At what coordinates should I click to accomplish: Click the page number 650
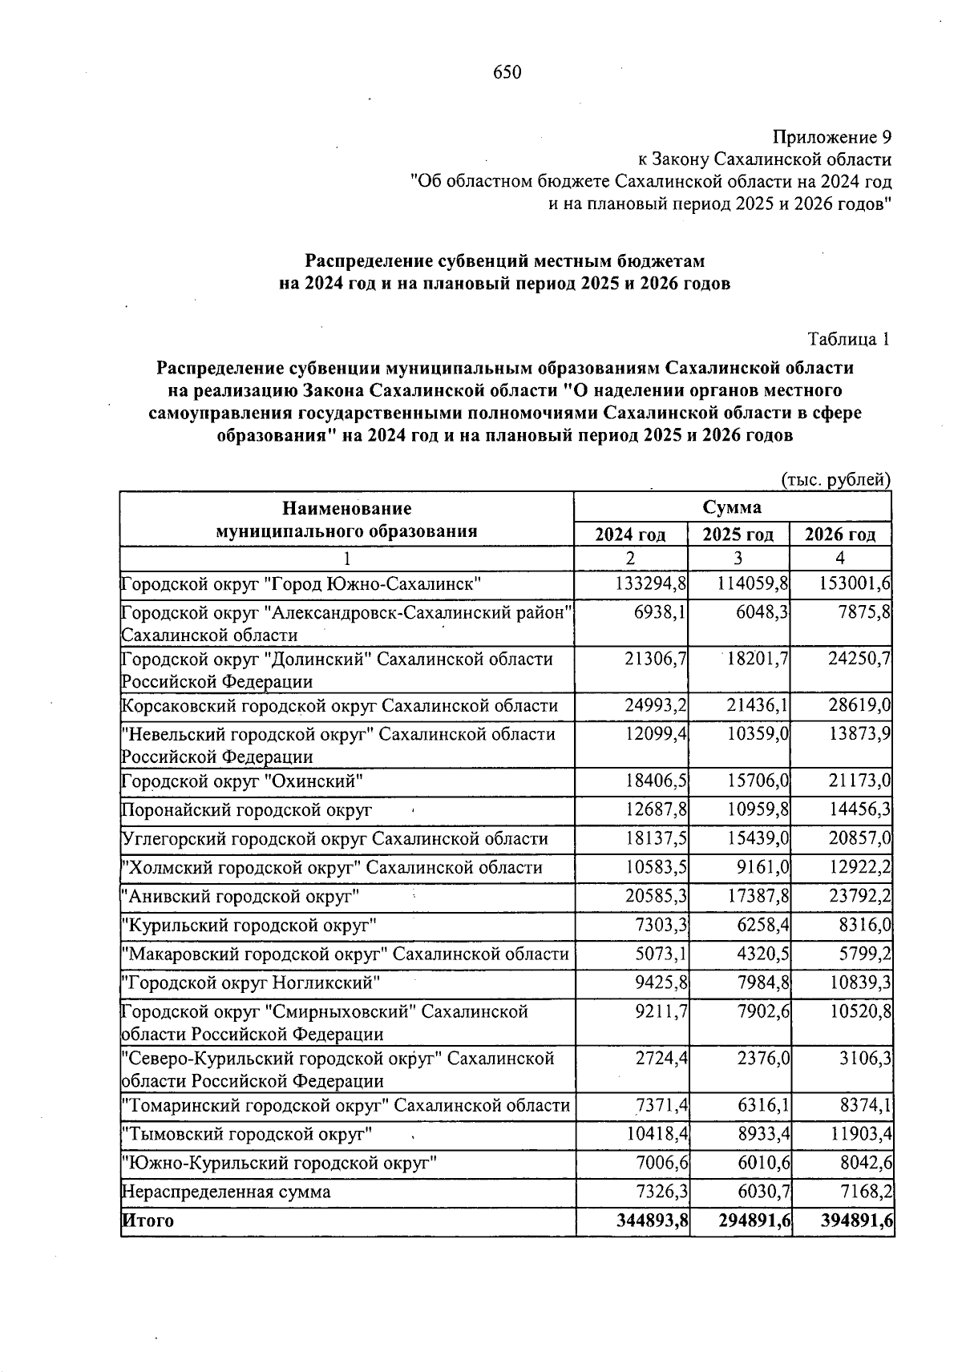507,73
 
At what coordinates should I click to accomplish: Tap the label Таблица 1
849,339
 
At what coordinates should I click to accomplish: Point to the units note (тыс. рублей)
835,480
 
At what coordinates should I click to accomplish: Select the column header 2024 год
630,535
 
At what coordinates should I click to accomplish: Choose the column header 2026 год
840,535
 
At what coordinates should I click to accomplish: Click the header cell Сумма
732,507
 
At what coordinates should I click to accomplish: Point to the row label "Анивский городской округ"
240,897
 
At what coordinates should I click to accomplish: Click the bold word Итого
148,1221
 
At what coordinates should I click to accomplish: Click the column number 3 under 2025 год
738,559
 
